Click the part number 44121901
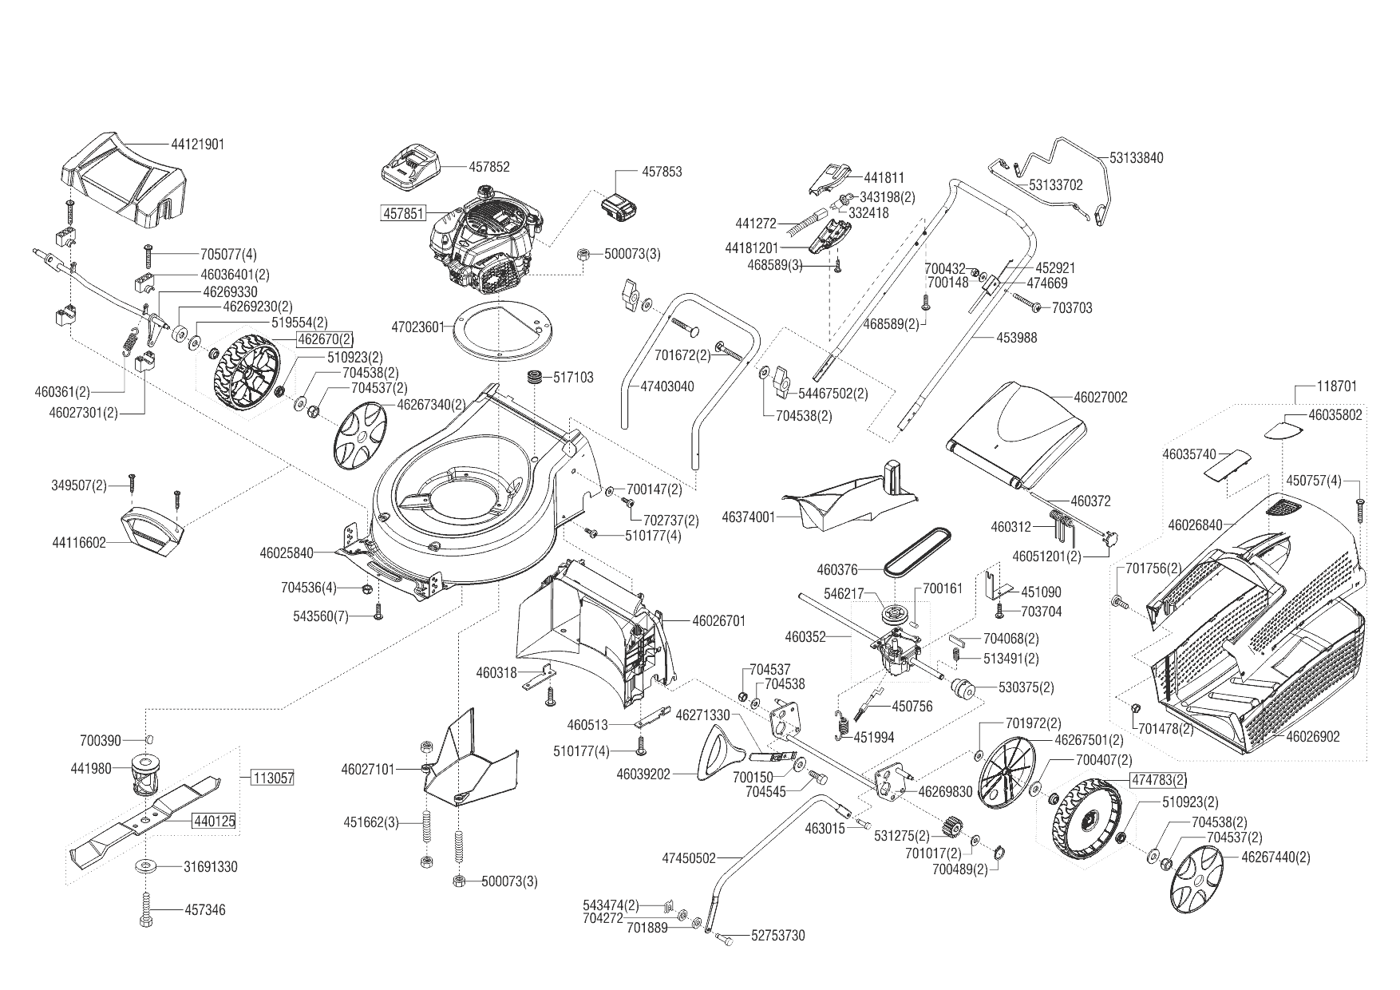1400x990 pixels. coord(197,145)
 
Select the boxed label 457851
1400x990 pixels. coord(404,213)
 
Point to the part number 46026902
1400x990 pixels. coord(1313,737)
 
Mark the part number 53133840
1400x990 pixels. coord(1136,157)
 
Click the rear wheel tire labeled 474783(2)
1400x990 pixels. coord(1090,819)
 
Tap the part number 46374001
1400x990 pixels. coord(748,517)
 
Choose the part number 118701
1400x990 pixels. coord(1336,386)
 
